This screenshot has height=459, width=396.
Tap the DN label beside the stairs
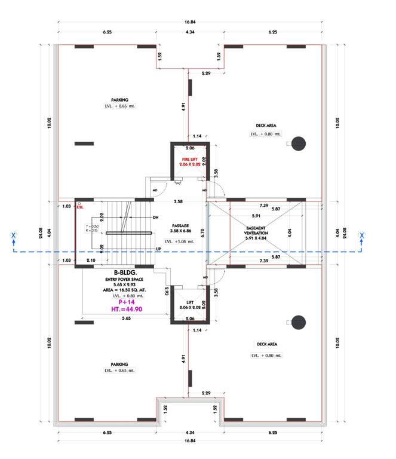155,217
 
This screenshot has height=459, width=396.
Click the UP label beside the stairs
158,248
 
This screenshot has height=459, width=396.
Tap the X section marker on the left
13,236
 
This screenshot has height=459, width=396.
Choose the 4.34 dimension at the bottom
190,432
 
